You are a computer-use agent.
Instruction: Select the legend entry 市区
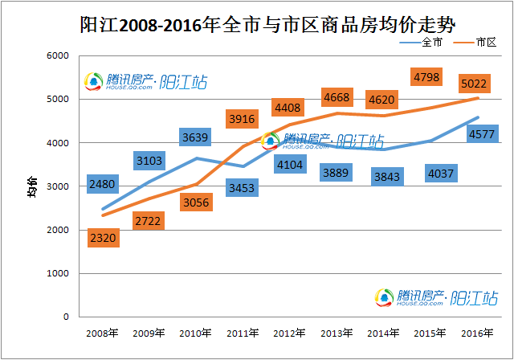point(475,42)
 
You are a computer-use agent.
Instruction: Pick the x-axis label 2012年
point(288,333)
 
